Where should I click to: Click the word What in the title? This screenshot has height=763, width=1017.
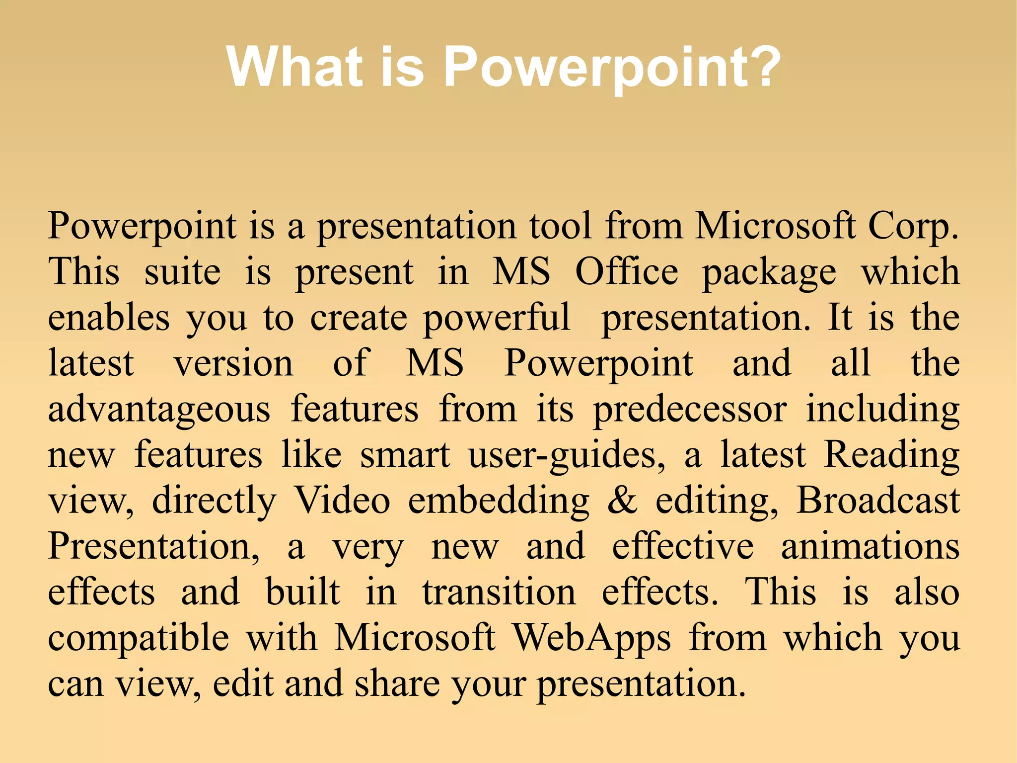[x=294, y=67]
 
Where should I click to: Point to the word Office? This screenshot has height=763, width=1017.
[x=627, y=272]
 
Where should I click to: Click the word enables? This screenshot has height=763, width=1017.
[x=109, y=318]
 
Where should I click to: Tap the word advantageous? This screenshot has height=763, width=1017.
[x=159, y=411]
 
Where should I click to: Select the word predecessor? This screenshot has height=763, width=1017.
[x=690, y=411]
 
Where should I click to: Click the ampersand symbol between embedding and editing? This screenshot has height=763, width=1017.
[x=622, y=501]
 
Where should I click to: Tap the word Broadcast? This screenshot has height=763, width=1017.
[x=877, y=501]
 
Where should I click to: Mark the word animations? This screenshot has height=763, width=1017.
[x=870, y=547]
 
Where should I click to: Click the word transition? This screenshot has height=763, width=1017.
[x=499, y=593]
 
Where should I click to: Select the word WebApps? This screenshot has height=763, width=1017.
[x=591, y=638]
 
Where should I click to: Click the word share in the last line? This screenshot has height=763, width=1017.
[x=397, y=684]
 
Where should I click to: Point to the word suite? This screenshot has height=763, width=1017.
[x=182, y=272]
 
